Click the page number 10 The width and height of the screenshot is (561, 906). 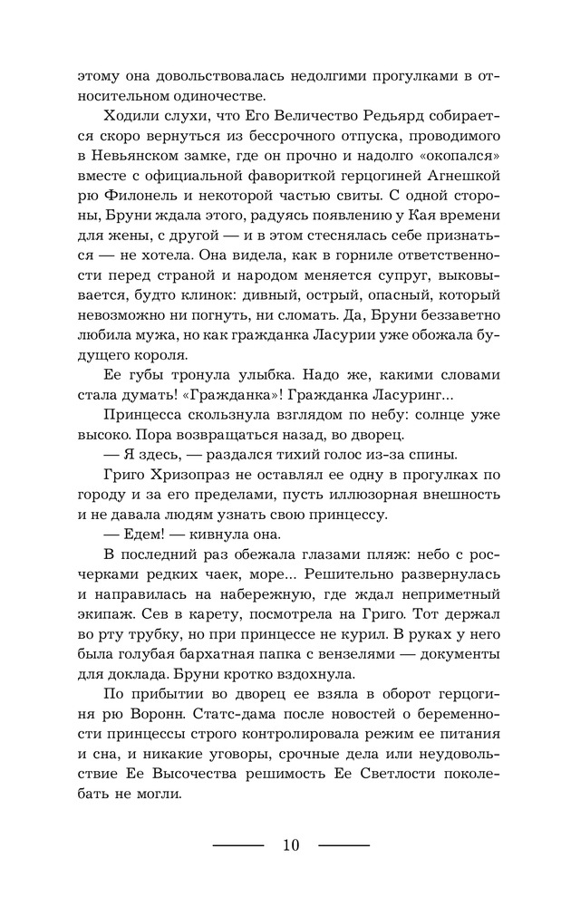coord(290,845)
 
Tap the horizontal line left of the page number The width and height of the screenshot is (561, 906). coord(237,845)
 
